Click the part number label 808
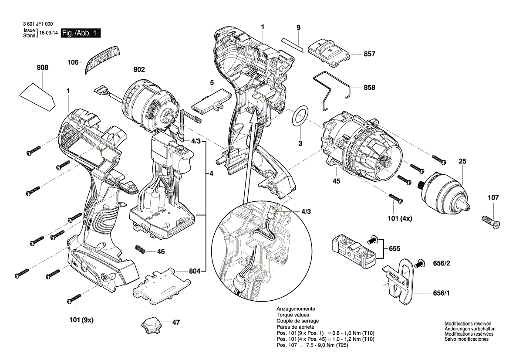coord(43,68)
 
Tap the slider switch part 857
coord(330,51)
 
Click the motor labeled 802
coord(149,103)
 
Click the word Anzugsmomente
coord(296,309)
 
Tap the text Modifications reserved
coord(468,324)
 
